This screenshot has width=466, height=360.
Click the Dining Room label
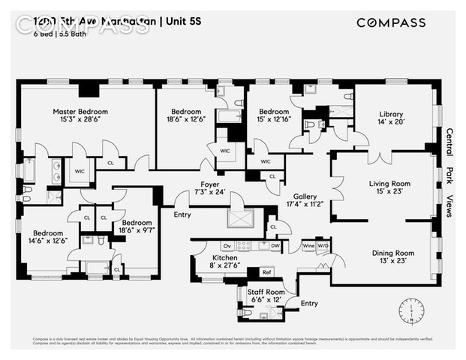(392, 253)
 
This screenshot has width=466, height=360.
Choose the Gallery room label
(305, 194)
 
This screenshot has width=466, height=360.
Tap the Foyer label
(209, 184)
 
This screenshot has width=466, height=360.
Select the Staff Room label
(266, 292)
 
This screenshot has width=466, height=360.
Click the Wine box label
(308, 245)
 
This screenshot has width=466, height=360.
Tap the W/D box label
(323, 245)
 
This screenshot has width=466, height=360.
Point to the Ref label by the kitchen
(266, 272)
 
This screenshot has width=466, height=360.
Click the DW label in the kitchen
(275, 245)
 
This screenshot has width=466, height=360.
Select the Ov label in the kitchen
(225, 245)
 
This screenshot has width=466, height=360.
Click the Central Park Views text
(449, 172)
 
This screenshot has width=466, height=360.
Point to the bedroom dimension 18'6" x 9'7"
(137, 232)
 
